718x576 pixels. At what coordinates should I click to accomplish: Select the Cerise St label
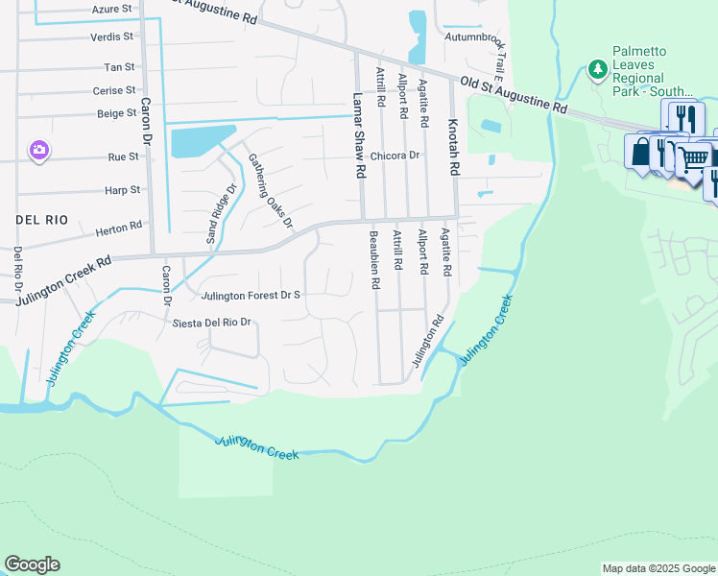[x=114, y=90]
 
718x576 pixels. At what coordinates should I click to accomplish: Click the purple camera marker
[x=39, y=150]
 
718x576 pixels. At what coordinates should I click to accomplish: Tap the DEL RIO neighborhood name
[x=42, y=220]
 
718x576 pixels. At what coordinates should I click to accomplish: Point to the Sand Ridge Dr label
[x=217, y=213]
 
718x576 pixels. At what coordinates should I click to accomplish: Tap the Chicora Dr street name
[x=395, y=155]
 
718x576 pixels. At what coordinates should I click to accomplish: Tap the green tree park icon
[x=598, y=69]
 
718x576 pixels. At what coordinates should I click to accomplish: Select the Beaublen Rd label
[x=372, y=259]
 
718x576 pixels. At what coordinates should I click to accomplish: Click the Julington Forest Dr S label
[x=251, y=296]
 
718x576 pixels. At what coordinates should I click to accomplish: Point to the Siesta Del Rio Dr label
[x=211, y=323]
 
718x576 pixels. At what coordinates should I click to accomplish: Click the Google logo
[x=32, y=564]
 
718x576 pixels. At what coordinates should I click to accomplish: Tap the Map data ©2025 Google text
[x=658, y=568]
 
